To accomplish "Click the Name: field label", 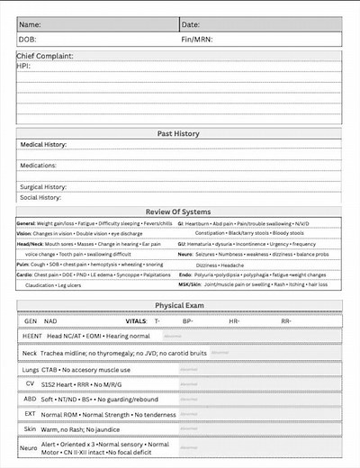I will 30,24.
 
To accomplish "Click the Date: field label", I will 191,24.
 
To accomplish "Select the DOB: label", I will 28,40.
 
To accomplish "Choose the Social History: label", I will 40,197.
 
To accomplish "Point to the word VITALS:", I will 136,320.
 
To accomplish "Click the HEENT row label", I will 32,336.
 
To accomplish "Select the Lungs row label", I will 31,370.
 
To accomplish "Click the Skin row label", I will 29,430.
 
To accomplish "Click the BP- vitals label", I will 188,320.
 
